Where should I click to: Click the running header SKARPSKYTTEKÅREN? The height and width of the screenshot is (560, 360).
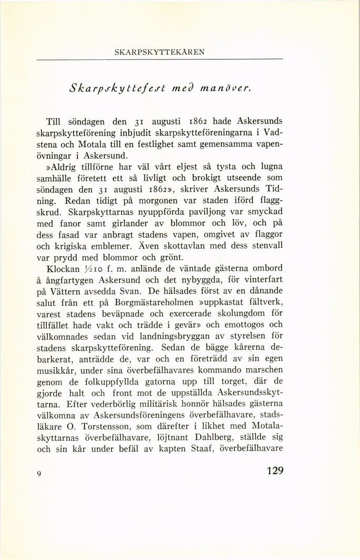pyautogui.click(x=159, y=52)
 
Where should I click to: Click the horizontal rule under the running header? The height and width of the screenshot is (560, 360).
pyautogui.click(x=159, y=58)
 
